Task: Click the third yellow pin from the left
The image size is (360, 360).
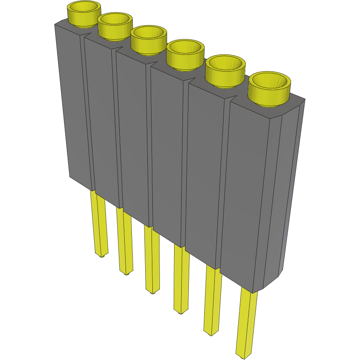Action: coord(152,260)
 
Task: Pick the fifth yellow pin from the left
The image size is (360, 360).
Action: coord(212,301)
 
